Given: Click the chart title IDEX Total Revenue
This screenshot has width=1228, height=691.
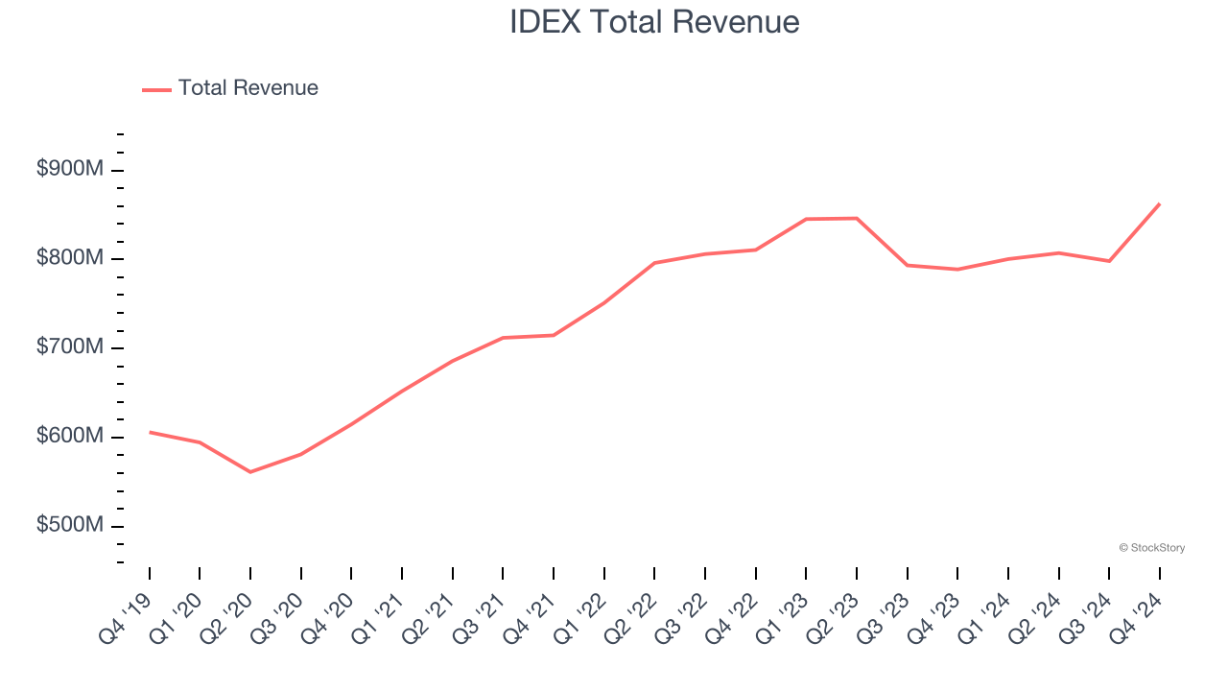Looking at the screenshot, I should click(654, 22).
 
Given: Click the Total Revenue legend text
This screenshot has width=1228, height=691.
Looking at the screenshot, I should click(248, 88).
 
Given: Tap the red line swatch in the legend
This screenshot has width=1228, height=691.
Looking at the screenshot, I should click(156, 89).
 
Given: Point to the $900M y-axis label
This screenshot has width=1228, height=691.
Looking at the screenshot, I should click(70, 170).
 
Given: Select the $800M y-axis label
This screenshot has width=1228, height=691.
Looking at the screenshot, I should click(70, 258).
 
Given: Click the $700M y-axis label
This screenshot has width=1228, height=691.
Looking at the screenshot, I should click(70, 347).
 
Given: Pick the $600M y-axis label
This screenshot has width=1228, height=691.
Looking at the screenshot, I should click(70, 437).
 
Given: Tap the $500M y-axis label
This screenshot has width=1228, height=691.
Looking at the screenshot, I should click(70, 526).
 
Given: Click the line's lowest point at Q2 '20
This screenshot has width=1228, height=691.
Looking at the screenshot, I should click(250, 472).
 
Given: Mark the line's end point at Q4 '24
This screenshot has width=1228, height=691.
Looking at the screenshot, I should click(1159, 203).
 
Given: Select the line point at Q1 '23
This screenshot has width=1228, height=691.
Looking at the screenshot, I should click(806, 219).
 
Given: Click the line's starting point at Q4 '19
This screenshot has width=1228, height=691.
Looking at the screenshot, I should click(150, 432).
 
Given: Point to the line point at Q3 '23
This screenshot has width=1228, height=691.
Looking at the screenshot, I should click(907, 265).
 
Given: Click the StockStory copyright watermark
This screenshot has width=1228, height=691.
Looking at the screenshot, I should click(1151, 548).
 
